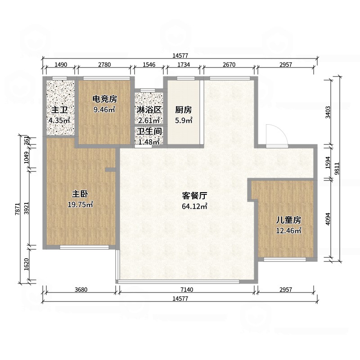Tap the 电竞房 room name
(105, 99)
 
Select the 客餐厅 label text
(194, 196)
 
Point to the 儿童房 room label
(288, 220)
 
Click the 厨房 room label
(184, 110)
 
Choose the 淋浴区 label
(149, 110)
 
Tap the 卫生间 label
(149, 131)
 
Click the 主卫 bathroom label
(59, 110)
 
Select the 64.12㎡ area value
(194, 207)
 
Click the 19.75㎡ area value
(80, 205)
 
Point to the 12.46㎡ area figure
(288, 230)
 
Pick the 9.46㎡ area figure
(104, 109)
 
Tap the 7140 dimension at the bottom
(187, 289)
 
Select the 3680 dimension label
(81, 289)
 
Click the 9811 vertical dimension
(337, 169)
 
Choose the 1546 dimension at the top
(149, 64)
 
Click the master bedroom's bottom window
(84, 247)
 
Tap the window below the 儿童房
(285, 260)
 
